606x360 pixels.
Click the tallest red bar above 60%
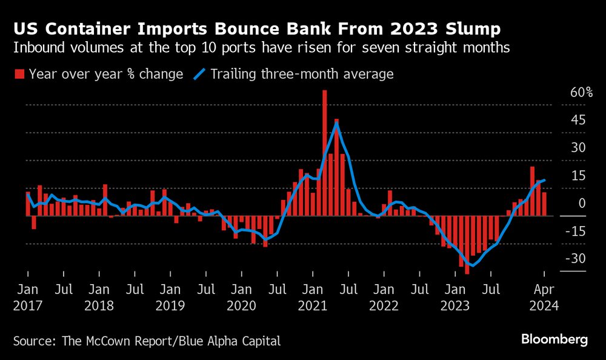point(325,152)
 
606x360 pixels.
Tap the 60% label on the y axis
point(581,93)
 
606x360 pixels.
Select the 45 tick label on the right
point(579,120)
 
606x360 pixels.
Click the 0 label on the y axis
point(582,204)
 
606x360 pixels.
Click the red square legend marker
point(19,75)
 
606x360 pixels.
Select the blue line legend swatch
point(199,75)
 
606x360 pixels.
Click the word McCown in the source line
point(113,341)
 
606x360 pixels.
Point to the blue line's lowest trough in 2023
point(473,265)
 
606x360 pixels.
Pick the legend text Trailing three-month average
point(302,75)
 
